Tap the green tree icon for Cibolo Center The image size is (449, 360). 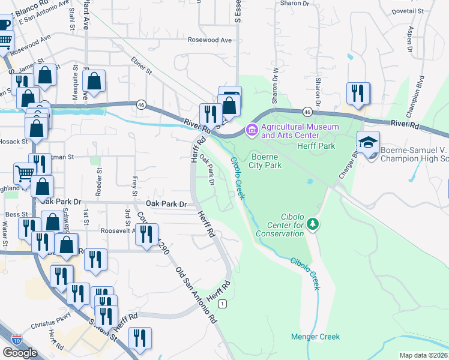tap(312, 224)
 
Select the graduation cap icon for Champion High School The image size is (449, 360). tap(368, 143)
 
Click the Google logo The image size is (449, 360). tap(20, 353)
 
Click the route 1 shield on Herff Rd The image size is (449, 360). tap(222, 304)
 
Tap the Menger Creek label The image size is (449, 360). tap(316, 337)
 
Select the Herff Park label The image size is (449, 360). tap(316, 146)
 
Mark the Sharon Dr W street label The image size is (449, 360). tap(276, 89)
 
